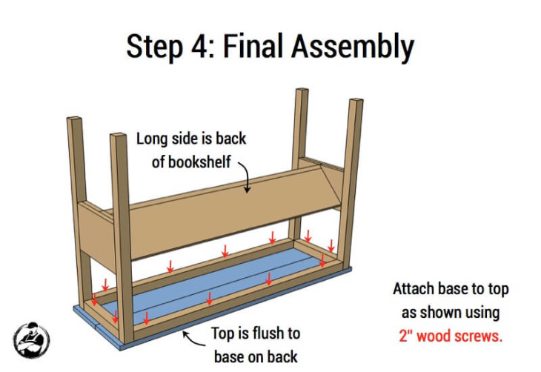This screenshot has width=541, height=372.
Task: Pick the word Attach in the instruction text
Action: point(417,289)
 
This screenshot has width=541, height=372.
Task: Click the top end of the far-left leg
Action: point(75,120)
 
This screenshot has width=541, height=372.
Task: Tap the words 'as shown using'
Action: point(451,312)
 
